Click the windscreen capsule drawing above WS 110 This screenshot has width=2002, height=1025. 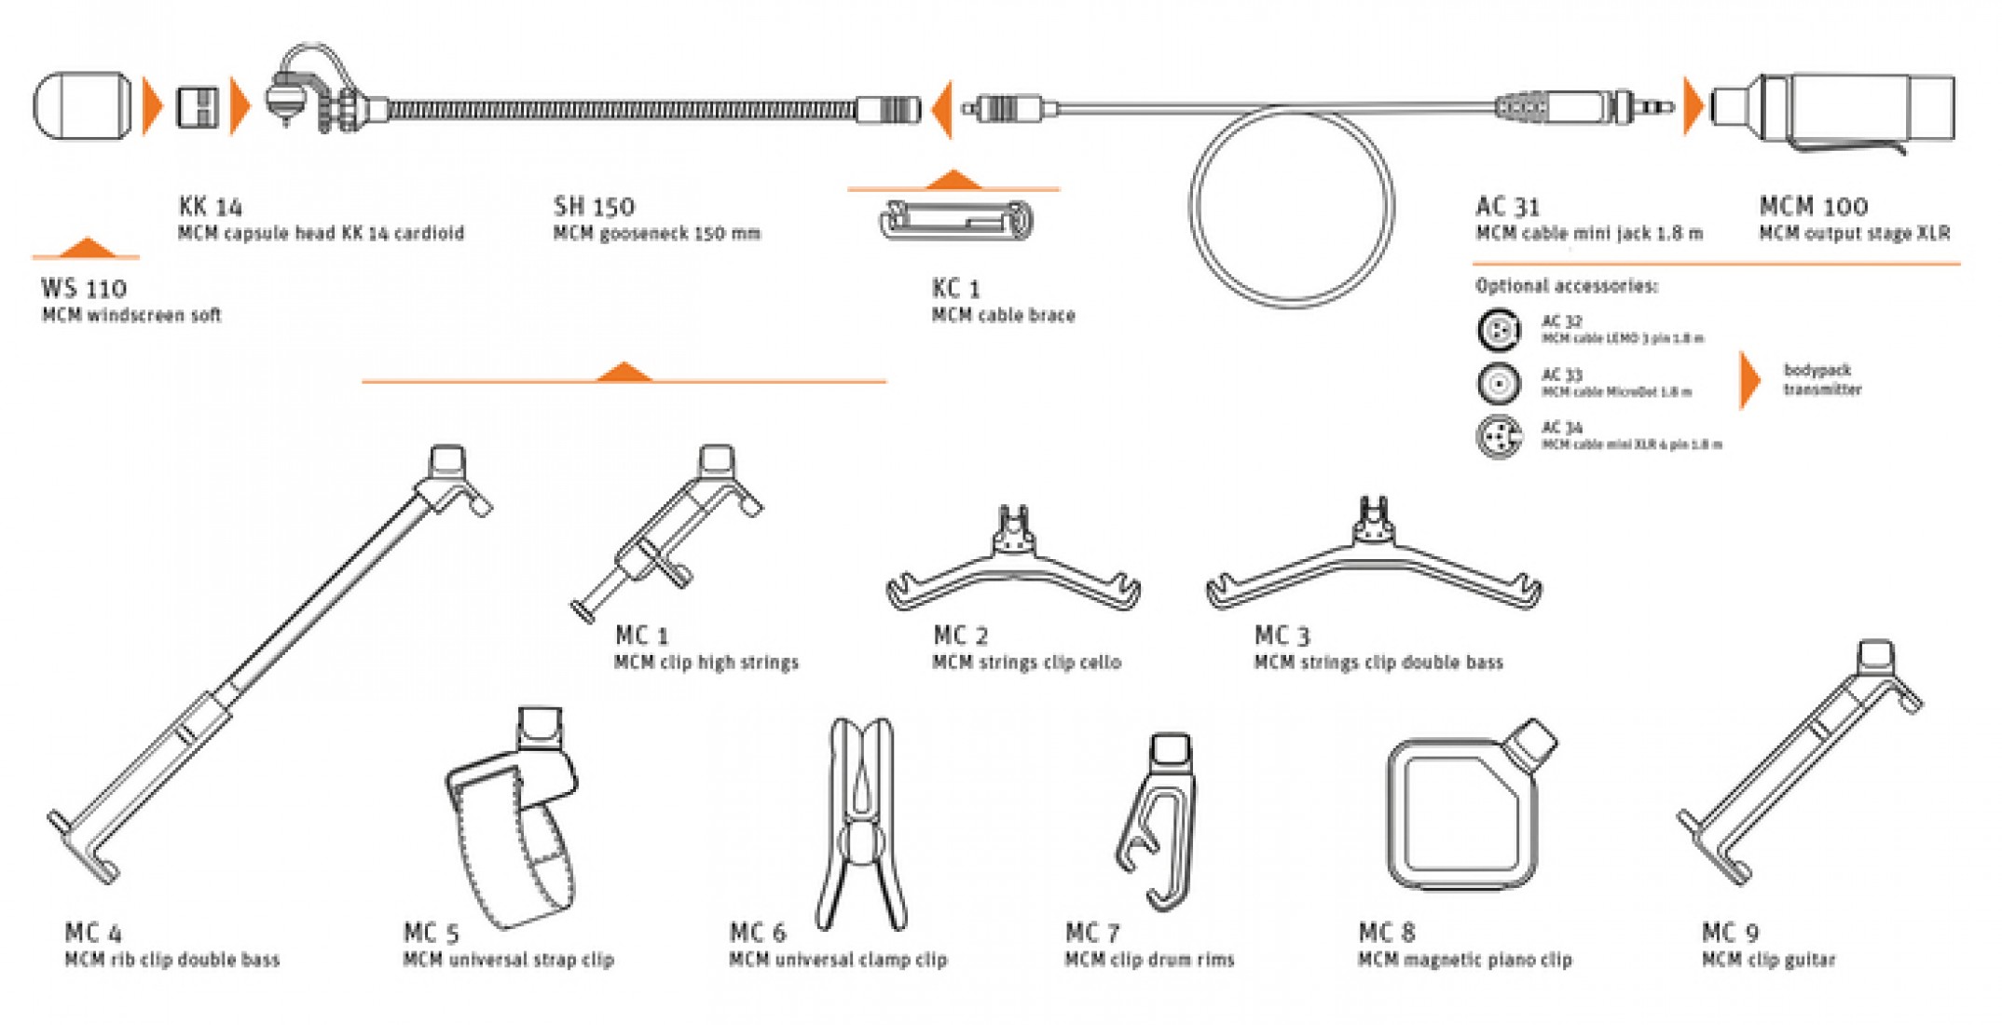tap(82, 105)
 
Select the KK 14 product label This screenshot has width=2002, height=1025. tap(211, 206)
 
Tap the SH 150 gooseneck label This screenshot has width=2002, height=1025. tap(594, 206)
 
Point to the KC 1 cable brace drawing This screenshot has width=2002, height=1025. tap(956, 222)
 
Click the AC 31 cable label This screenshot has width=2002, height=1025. tap(1507, 206)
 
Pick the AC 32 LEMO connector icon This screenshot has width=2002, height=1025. tap(1499, 330)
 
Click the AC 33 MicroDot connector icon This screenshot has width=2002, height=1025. tap(1499, 383)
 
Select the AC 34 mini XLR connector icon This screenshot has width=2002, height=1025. tap(1499, 436)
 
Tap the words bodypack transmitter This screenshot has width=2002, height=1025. tap(1821, 379)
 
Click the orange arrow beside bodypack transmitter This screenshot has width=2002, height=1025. tap(1749, 379)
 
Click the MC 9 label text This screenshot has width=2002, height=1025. tap(1730, 933)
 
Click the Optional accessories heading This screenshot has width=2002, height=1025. tap(1567, 286)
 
